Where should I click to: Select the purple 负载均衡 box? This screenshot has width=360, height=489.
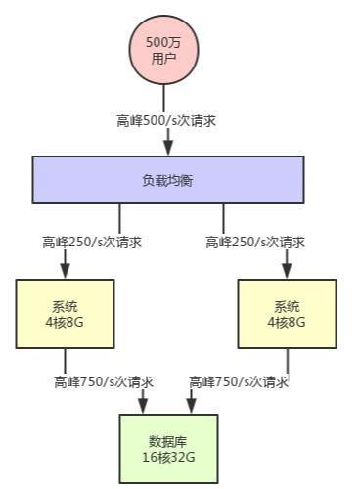click(168, 181)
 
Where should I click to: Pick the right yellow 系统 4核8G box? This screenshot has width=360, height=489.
click(288, 313)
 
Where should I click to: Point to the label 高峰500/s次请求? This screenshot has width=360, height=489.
click(167, 121)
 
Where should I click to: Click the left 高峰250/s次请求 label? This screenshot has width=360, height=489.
click(92, 242)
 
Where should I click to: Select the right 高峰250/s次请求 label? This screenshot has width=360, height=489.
click(256, 242)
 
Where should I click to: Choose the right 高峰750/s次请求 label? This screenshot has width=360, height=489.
click(239, 381)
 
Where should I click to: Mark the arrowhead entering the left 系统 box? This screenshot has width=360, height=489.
click(66, 271)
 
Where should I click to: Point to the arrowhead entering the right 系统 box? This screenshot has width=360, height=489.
click(288, 271)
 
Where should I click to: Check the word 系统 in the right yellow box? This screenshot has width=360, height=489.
click(288, 305)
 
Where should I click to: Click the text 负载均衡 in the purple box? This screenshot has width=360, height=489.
click(168, 181)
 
